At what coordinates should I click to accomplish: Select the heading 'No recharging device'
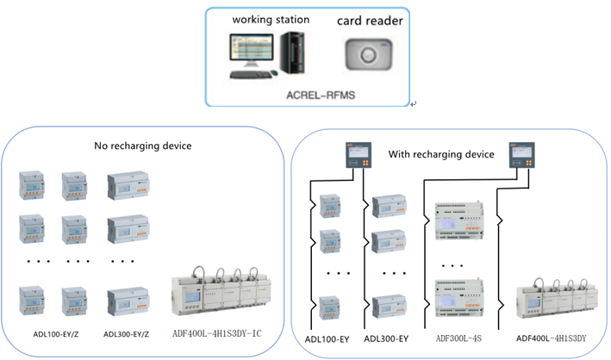click(x=142, y=146)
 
